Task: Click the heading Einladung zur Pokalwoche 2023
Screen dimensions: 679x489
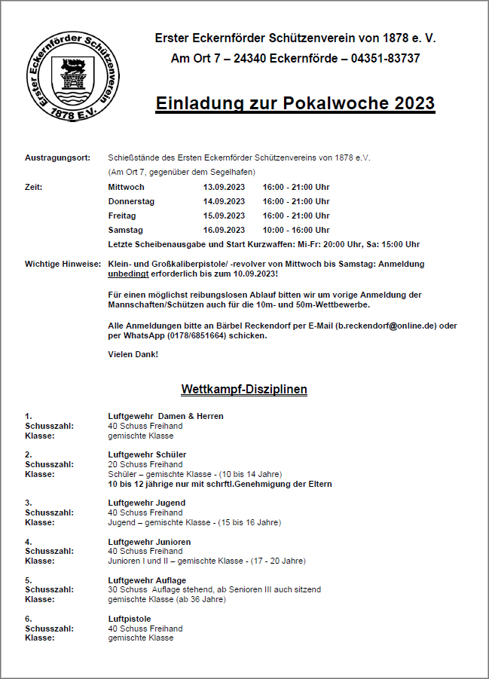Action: click(295, 103)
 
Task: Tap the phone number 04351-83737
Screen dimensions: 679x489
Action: click(386, 58)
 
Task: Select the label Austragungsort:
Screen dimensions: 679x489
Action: click(58, 158)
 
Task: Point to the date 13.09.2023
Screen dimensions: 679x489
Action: click(224, 187)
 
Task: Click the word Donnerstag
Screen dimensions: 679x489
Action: click(131, 201)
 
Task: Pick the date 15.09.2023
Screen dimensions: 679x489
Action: click(224, 216)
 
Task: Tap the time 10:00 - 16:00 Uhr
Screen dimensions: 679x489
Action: click(296, 230)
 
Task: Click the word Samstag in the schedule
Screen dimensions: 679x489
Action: click(125, 230)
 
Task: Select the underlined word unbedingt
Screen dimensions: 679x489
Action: click(128, 274)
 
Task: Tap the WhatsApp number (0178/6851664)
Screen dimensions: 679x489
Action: click(188, 335)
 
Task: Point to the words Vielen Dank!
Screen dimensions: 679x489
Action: click(133, 354)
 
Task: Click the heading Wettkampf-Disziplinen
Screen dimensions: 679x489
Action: click(244, 390)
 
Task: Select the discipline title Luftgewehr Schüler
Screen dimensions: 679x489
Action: click(147, 454)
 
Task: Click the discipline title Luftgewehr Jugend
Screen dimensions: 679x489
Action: click(146, 503)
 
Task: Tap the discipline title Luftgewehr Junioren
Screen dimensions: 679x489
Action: click(149, 542)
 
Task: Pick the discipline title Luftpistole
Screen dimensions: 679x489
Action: click(130, 619)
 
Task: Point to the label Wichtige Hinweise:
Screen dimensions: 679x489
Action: click(63, 264)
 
